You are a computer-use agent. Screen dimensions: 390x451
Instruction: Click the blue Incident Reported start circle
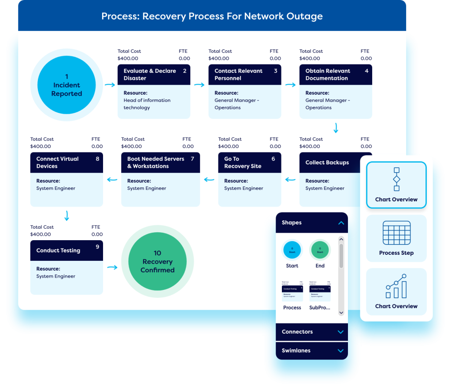click(67, 85)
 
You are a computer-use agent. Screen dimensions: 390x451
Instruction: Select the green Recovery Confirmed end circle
click(157, 261)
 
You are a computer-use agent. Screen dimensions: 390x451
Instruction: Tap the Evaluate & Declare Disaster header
click(154, 74)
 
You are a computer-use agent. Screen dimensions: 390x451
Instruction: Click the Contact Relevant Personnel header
click(244, 74)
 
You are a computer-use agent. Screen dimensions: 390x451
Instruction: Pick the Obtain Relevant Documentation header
click(336, 74)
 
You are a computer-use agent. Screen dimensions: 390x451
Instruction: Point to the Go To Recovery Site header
click(249, 163)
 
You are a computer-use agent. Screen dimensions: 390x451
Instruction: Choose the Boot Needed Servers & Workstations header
click(160, 163)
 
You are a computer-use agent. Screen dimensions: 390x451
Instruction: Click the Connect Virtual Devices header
click(67, 163)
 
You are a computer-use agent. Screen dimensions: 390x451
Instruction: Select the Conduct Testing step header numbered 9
click(67, 250)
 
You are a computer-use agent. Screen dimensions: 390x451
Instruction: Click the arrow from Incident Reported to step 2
click(109, 84)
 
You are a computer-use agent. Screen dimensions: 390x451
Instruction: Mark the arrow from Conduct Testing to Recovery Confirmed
click(112, 267)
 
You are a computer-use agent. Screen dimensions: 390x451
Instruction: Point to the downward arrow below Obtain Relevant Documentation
click(336, 128)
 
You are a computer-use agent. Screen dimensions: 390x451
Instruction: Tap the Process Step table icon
click(396, 233)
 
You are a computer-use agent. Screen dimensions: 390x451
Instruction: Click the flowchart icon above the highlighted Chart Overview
click(396, 179)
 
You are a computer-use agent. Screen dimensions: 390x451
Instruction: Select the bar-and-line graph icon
click(396, 286)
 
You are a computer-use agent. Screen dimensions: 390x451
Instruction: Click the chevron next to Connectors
click(340, 332)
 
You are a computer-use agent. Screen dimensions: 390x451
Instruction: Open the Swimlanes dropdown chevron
click(340, 351)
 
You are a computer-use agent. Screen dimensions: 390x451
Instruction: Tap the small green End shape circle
click(320, 250)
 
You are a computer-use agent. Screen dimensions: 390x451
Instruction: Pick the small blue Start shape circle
click(292, 250)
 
